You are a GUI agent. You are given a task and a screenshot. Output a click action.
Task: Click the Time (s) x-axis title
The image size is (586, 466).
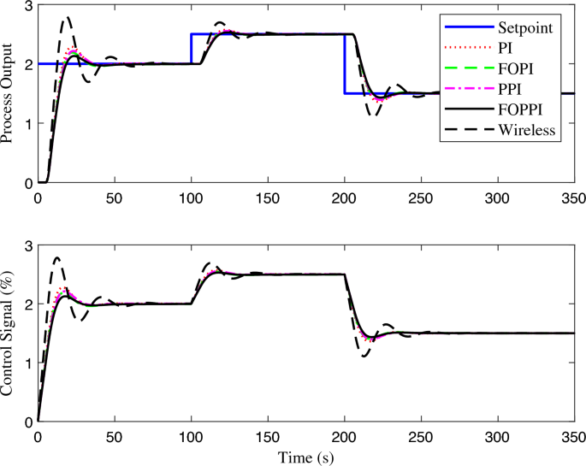(305, 457)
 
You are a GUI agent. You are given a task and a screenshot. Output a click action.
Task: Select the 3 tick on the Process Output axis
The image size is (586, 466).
(27, 7)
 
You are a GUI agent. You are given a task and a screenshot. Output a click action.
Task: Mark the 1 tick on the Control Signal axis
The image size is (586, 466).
(27, 363)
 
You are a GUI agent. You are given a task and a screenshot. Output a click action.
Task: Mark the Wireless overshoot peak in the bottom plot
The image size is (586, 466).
(57, 257)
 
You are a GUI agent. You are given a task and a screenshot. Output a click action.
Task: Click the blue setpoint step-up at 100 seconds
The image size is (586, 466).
(191, 49)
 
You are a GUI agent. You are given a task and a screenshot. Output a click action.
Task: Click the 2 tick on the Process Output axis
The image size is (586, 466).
(27, 65)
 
